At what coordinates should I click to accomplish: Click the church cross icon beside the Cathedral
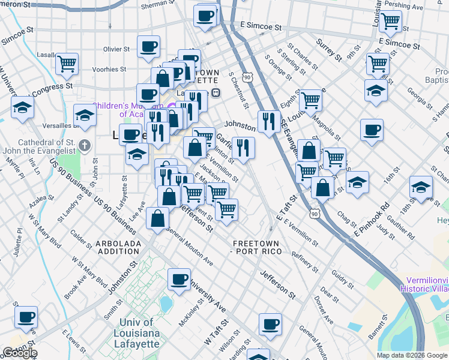coord(85,145)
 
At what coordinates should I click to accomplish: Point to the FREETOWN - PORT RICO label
coord(256,247)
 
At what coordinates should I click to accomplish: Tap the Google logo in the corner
coord(20,353)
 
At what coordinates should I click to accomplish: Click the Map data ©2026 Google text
coord(412,355)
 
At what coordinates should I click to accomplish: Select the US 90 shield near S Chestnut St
coord(247,77)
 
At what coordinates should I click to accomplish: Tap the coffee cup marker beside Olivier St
coord(148,46)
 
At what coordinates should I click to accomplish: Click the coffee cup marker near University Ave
coord(179,279)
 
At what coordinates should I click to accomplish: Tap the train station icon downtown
coord(215,93)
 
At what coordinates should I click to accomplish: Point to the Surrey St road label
coord(329,52)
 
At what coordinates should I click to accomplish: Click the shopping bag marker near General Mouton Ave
coord(157,219)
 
